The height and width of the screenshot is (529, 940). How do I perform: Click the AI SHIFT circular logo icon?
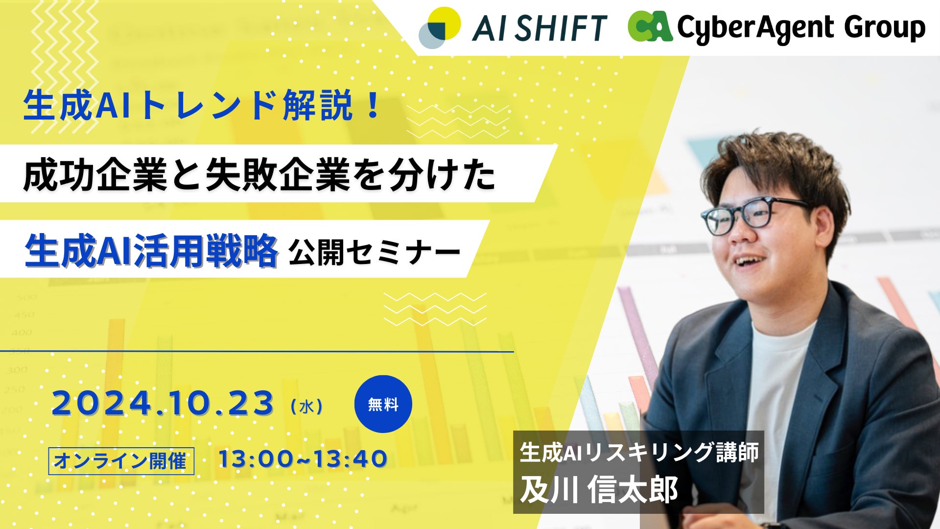click(440, 28)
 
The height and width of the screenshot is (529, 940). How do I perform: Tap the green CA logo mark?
click(650, 26)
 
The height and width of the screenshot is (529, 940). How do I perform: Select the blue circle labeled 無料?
click(383, 404)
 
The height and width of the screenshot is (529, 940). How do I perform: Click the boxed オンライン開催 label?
click(121, 461)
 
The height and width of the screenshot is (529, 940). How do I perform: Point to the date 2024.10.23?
click(163, 403)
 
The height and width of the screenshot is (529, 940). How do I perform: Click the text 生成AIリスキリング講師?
click(639, 452)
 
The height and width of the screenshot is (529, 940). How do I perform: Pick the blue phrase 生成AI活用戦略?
click(151, 251)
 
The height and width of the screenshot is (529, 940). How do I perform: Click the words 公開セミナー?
click(375, 253)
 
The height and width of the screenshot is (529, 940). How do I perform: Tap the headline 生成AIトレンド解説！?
click(202, 105)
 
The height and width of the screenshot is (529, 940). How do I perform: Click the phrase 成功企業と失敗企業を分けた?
click(259, 175)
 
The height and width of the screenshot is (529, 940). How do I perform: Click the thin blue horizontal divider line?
click(257, 351)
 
